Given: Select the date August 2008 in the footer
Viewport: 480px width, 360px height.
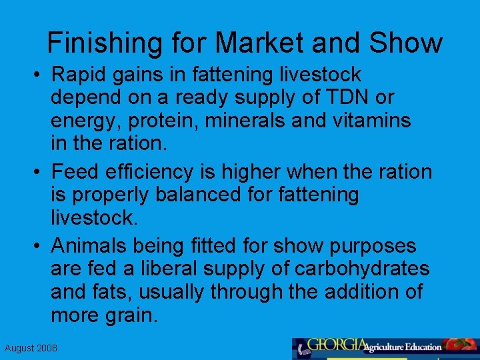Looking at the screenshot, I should (x=31, y=348).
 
